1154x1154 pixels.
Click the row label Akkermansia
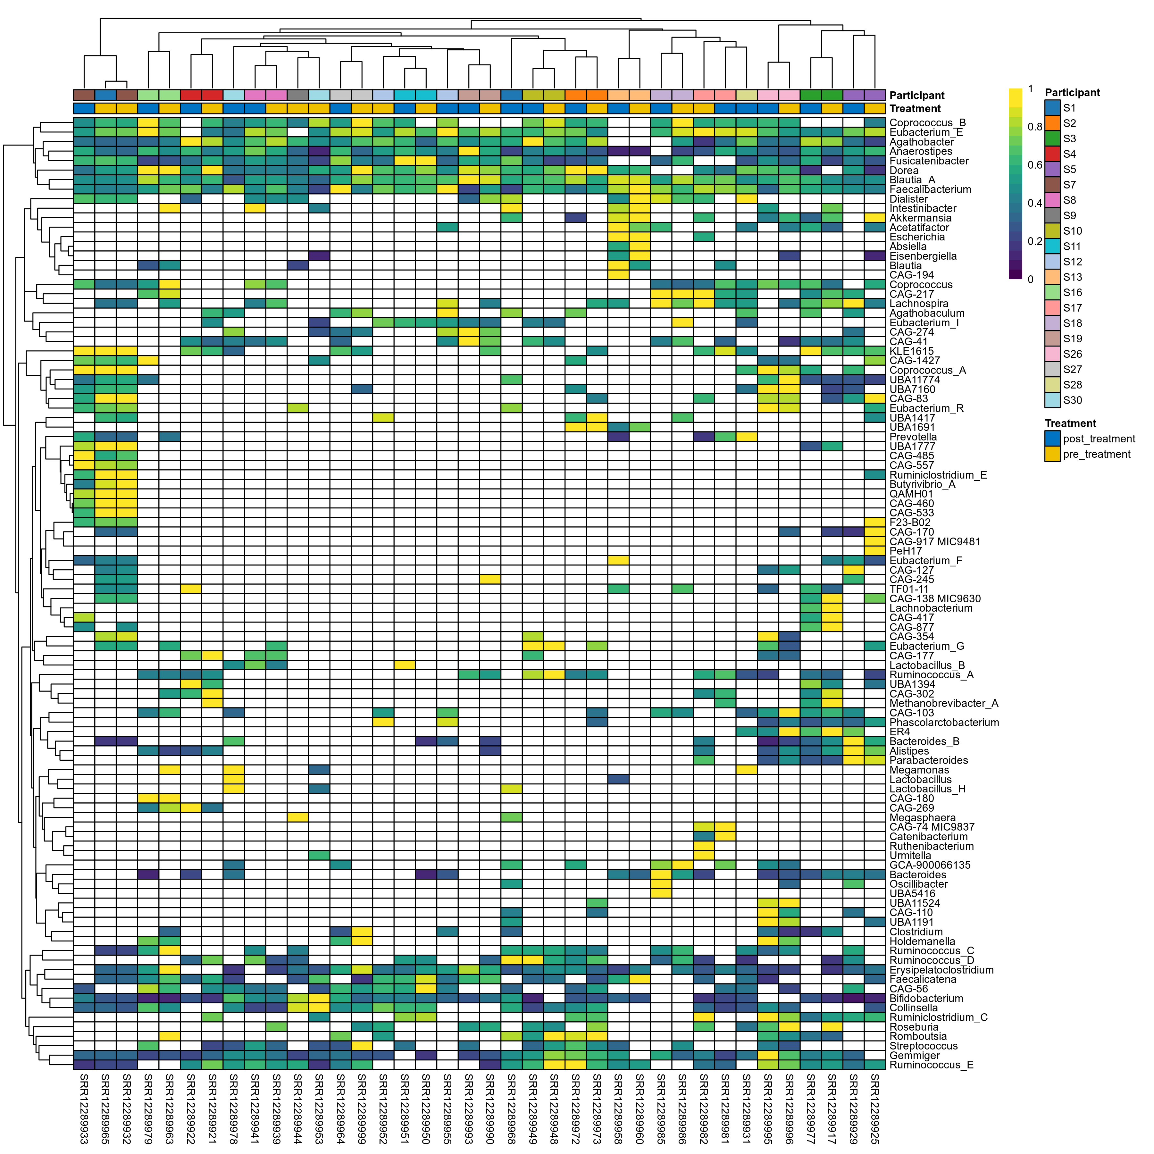pos(920,218)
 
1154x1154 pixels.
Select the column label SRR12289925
pos(875,1108)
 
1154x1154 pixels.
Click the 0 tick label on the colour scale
pos(1030,279)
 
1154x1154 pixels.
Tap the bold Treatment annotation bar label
pos(915,109)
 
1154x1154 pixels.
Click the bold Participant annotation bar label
pos(917,96)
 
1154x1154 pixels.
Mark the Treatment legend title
pos(1070,423)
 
